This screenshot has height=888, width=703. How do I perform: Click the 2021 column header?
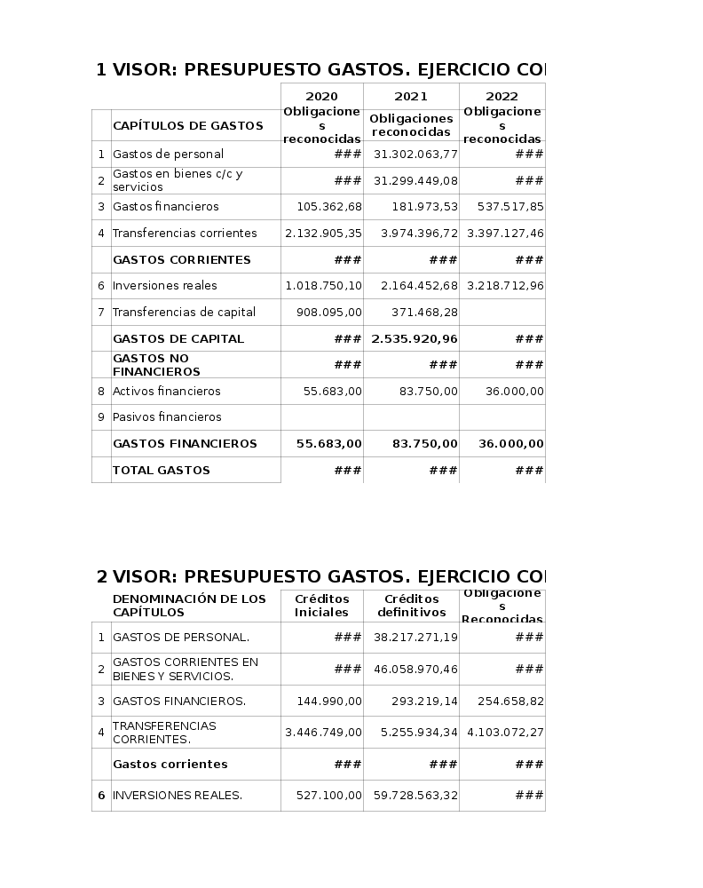411,97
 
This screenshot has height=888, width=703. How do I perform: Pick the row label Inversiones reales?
165,286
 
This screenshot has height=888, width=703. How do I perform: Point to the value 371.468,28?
424,313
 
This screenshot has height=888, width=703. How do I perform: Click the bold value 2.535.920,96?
415,339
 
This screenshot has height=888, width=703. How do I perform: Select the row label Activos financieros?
166,392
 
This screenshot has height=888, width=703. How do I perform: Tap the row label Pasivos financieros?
167,417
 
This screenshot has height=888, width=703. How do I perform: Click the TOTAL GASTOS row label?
162,471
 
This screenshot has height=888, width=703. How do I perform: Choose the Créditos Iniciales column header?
321,606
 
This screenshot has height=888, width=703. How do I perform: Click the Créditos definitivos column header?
411,606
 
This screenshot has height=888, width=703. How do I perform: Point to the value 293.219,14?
424,702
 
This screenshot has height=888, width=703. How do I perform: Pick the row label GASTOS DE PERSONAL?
181,638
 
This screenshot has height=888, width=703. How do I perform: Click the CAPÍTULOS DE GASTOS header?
188,126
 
